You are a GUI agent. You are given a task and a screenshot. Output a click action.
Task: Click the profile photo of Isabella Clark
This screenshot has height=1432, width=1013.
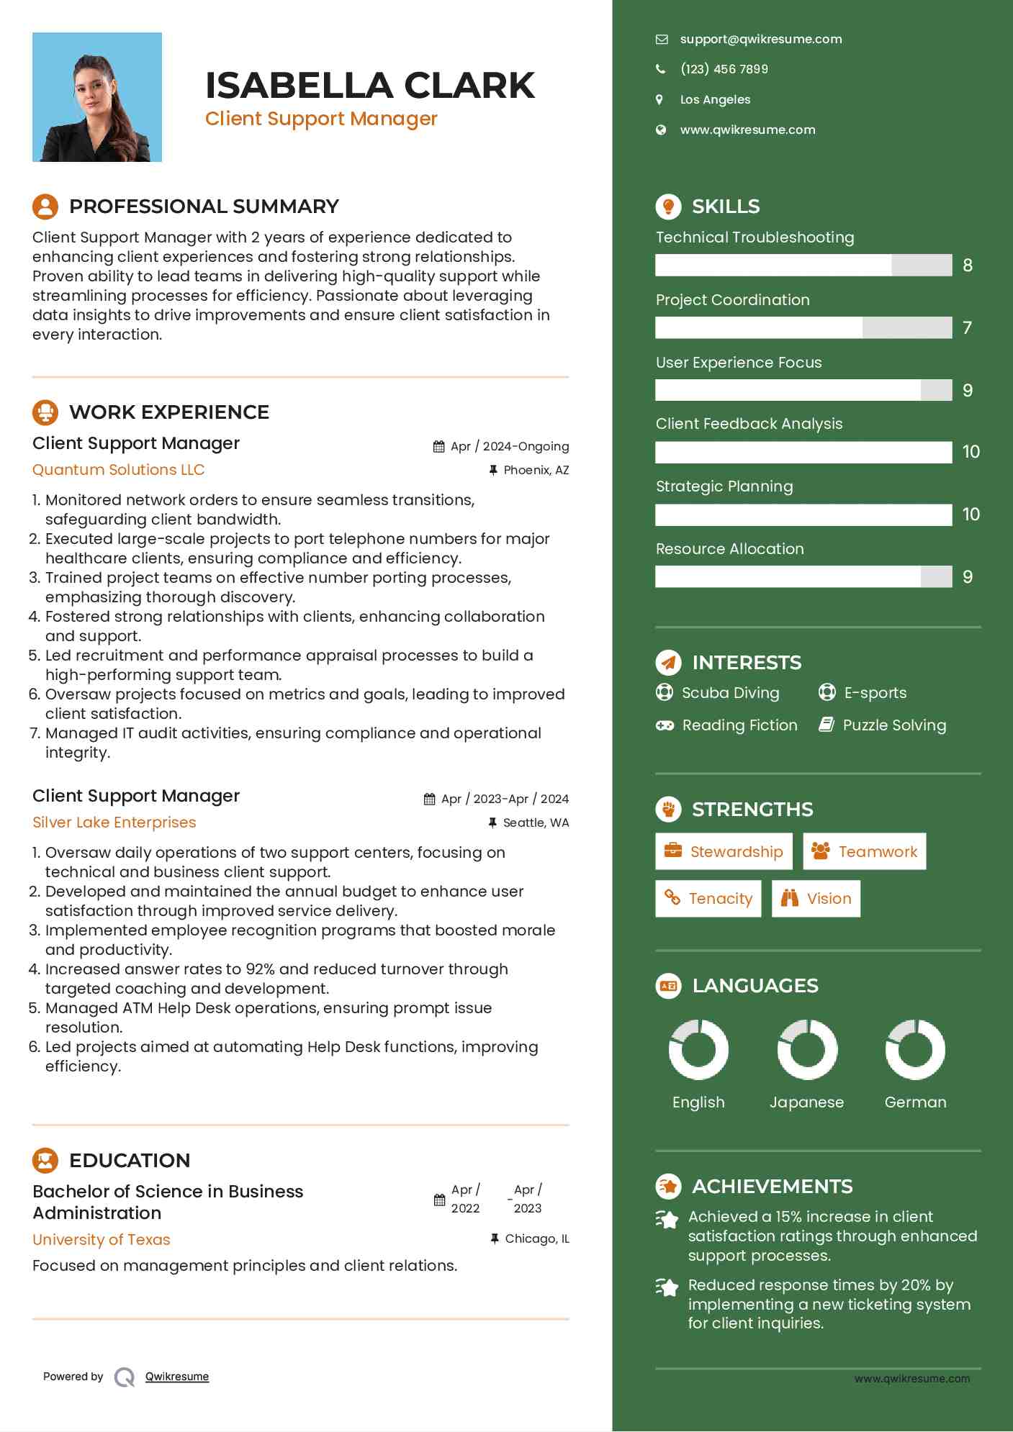click(97, 97)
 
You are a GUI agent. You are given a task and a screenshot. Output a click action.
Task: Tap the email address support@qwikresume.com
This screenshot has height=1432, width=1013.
click(760, 40)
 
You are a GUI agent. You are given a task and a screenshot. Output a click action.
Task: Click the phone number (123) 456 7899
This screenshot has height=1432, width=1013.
click(724, 69)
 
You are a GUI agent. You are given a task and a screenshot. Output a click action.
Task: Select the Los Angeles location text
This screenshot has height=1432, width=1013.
click(715, 100)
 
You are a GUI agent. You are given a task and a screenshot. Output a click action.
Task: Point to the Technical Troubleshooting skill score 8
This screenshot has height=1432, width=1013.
click(968, 266)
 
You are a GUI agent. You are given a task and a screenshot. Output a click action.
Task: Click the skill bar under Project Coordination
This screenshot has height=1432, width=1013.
click(803, 328)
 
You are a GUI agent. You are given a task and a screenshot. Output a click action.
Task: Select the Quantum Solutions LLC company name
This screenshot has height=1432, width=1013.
click(119, 470)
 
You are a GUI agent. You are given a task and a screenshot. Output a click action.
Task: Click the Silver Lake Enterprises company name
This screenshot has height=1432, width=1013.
click(114, 823)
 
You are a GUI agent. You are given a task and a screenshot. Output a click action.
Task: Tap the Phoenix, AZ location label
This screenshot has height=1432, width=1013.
click(536, 471)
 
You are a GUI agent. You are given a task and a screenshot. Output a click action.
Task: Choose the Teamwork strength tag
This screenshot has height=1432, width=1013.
click(864, 852)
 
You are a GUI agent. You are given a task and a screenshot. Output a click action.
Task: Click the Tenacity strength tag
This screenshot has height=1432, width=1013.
click(708, 899)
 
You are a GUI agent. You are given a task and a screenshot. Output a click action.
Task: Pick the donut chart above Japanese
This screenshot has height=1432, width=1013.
click(807, 1050)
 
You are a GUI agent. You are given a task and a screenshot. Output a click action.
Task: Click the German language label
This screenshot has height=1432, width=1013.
click(915, 1102)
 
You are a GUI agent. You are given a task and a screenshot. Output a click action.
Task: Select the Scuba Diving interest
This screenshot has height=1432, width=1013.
click(730, 693)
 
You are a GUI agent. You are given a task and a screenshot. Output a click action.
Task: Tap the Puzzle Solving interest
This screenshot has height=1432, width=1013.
click(893, 725)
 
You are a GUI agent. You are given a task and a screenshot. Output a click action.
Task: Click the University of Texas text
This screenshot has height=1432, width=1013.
click(102, 1240)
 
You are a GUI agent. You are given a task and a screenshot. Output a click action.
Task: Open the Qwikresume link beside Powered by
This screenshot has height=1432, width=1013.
click(177, 1377)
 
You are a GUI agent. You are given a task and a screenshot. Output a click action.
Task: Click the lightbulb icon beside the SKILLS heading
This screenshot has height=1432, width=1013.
click(668, 207)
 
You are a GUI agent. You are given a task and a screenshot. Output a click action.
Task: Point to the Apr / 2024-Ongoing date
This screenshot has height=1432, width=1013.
click(510, 447)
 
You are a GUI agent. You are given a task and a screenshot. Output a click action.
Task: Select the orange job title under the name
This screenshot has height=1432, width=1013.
click(321, 119)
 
